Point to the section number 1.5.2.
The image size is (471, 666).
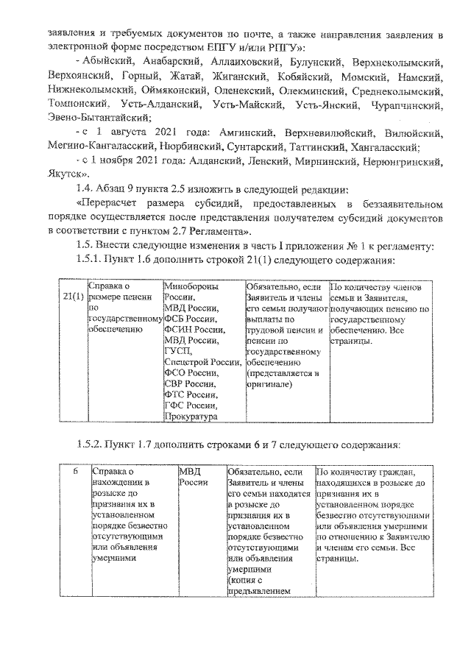[91, 445]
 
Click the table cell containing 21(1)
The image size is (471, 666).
[73, 296]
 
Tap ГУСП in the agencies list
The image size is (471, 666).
[177, 351]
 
